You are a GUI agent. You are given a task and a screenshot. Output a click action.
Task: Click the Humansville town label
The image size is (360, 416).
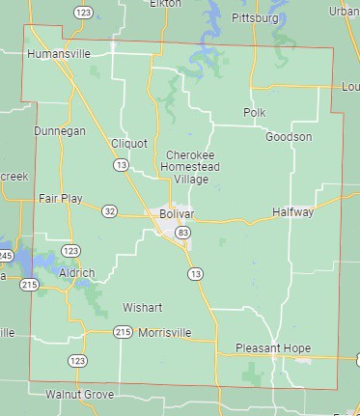(60, 54)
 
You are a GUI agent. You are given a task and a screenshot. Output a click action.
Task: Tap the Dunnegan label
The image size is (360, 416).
(60, 130)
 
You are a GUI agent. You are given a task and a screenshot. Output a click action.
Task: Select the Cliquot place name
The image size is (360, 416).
(129, 143)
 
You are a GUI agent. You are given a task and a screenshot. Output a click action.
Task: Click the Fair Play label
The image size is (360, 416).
(60, 198)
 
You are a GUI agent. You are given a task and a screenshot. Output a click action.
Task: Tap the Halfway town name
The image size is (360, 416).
(292, 211)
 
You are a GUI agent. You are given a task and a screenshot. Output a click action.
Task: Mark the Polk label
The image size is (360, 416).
(254, 113)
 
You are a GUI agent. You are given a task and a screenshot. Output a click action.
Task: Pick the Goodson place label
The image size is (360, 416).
(289, 137)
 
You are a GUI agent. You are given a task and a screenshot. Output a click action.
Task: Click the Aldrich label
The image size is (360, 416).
(76, 273)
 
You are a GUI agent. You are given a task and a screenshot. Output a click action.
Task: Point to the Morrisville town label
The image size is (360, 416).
(165, 332)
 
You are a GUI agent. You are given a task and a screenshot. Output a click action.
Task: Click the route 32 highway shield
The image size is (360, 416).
(110, 211)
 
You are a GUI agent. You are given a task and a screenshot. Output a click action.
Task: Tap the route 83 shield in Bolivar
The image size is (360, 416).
(183, 234)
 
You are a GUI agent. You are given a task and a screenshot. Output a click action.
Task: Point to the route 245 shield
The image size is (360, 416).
(6, 255)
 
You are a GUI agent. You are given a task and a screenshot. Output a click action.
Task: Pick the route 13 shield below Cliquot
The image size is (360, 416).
(121, 166)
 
